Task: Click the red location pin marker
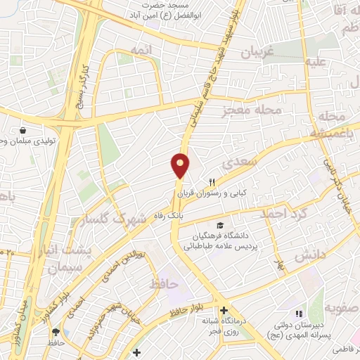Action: click(x=181, y=166)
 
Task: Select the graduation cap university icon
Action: click(x=221, y=225)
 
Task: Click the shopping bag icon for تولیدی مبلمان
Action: click(x=23, y=131)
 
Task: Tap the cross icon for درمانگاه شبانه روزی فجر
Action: click(x=224, y=310)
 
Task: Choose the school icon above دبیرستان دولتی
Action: click(x=298, y=314)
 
